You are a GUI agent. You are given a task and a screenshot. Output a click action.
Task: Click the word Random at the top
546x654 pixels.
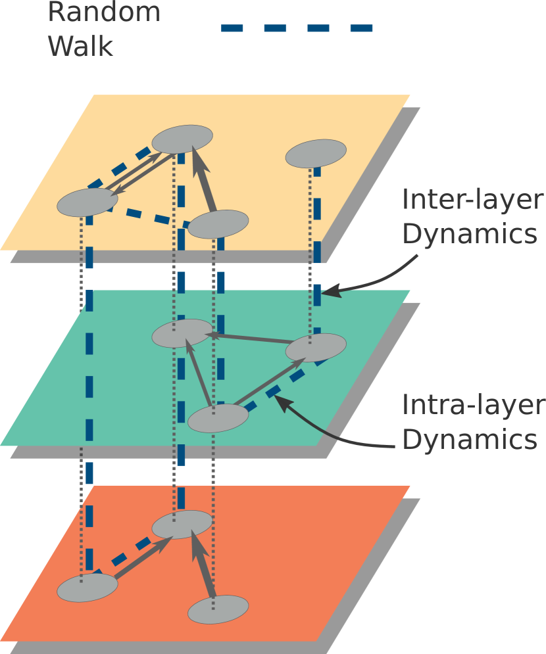(x=104, y=11)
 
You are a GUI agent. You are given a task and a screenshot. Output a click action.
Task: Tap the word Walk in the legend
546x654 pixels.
(x=80, y=46)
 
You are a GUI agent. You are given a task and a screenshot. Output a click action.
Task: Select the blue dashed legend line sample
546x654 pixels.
(x=297, y=28)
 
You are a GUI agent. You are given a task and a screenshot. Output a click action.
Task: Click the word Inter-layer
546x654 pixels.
(x=472, y=200)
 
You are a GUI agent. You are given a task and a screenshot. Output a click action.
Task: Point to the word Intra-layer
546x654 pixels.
(x=472, y=406)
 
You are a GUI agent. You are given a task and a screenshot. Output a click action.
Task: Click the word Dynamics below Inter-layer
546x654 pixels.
(x=469, y=235)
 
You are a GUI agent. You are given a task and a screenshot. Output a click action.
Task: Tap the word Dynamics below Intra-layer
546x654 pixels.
(x=469, y=440)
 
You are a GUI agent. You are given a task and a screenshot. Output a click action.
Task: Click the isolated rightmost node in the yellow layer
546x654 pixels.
(x=316, y=153)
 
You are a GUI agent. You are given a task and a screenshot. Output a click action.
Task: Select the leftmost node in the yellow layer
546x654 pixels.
(x=87, y=202)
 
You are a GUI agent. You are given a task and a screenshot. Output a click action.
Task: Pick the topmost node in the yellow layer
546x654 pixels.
(x=182, y=139)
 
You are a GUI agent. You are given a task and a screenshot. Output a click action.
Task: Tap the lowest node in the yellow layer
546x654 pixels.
(x=218, y=224)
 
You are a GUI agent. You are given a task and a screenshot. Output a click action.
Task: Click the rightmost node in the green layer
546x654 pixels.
(x=316, y=348)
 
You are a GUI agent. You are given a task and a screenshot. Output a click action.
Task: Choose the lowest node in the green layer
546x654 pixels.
(x=218, y=418)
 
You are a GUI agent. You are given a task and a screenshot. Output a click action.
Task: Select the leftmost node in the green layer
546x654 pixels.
(x=182, y=333)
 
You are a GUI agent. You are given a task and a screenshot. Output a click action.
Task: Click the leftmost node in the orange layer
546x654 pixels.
(x=87, y=588)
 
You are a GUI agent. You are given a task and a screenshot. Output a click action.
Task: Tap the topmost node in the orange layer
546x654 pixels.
(x=182, y=525)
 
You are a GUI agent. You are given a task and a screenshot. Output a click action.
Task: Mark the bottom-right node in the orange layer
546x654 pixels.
(x=218, y=609)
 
